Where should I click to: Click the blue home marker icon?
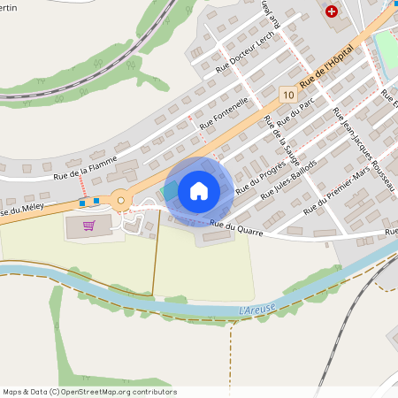(x=199, y=191)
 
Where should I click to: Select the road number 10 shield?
(x=287, y=94)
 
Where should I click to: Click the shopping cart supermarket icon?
(x=88, y=226)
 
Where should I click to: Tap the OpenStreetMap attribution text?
(x=88, y=391)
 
